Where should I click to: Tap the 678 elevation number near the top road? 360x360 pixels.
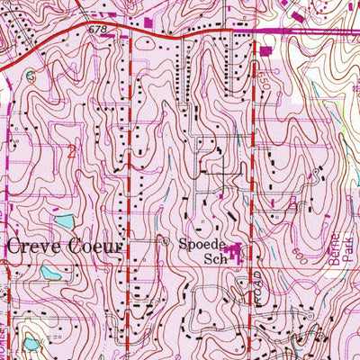[97, 31]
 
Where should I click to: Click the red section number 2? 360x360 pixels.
[70, 150]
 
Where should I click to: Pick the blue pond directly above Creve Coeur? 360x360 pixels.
[63, 220]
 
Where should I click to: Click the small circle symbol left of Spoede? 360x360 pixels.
[164, 241]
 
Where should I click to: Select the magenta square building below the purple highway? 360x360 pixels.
[267, 50]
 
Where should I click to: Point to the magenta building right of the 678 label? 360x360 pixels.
[147, 21]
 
